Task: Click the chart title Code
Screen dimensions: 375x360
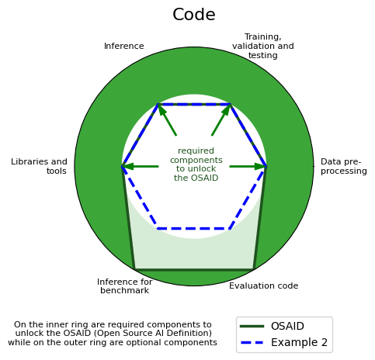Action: [x=194, y=14]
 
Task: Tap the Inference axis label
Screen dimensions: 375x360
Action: [x=124, y=46]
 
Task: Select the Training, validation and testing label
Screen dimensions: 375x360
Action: [x=263, y=46]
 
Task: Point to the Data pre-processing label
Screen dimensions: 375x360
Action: [x=344, y=166]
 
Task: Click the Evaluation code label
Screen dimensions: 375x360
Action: [x=264, y=286]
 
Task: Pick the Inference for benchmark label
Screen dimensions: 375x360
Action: [x=125, y=286]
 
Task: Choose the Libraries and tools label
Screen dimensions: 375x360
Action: [x=39, y=166]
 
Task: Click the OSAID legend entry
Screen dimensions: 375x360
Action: [x=287, y=326]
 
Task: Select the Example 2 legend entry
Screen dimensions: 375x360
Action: [x=299, y=342]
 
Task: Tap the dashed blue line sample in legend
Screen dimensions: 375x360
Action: [x=252, y=343]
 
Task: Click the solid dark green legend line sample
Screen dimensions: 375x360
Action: [x=252, y=326]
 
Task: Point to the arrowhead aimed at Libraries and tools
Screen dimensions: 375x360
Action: [x=127, y=167]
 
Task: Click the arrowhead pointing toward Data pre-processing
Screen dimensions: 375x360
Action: [x=261, y=167]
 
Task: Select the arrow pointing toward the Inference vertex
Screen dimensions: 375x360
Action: [x=167, y=119]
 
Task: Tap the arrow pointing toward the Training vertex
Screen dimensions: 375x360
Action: [x=221, y=119]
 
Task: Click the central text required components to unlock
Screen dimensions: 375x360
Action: [x=196, y=164]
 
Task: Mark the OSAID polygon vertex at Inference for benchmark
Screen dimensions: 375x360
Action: [x=134, y=269]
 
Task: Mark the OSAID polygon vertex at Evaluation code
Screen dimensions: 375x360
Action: [x=254, y=269]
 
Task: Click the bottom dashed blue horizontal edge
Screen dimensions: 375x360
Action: [x=194, y=229]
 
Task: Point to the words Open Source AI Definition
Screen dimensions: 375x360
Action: [x=151, y=333]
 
